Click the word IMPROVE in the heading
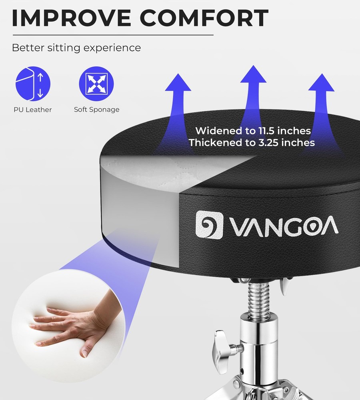click(x=72, y=18)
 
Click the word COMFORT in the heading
click(x=204, y=18)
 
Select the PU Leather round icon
click(x=33, y=84)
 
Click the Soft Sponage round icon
click(x=96, y=84)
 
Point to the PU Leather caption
click(x=33, y=110)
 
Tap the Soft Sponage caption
click(x=97, y=110)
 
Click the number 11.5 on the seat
click(x=266, y=131)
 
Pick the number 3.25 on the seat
click(x=268, y=143)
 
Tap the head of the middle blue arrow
click(x=253, y=74)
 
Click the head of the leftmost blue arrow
click(x=178, y=82)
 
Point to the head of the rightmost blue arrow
click(x=322, y=82)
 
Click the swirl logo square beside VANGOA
click(x=209, y=224)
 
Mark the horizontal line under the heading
click(x=113, y=35)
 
